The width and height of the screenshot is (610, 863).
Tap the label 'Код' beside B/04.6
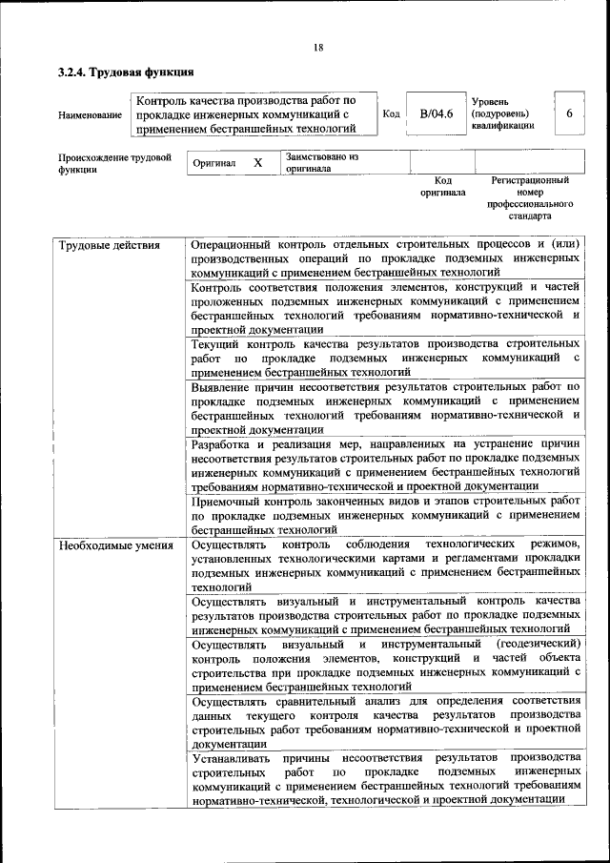391,113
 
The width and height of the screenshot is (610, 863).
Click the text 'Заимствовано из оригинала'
321,162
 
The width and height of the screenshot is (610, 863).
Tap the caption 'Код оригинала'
442,186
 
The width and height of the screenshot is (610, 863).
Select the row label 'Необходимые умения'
115,545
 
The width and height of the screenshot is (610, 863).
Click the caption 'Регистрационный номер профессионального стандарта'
530,197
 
